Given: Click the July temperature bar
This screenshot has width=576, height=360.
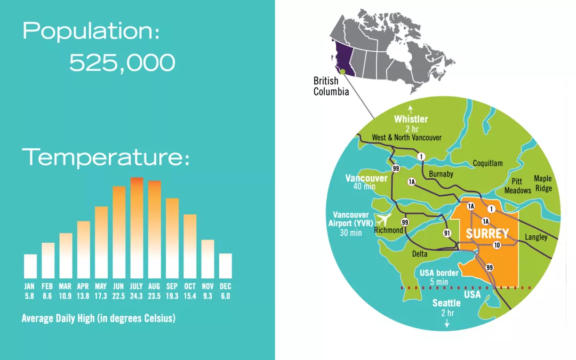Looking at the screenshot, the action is point(137,228).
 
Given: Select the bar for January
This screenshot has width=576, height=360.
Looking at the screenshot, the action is point(30,266).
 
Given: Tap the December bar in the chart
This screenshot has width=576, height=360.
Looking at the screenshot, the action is point(226,266).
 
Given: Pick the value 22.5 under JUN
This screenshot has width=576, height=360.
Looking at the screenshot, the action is point(118,296).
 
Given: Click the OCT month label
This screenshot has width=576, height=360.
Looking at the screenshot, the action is point(190,286).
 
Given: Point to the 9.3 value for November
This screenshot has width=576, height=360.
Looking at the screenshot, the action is point(207,296).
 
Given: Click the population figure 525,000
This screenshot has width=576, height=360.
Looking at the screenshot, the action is point(122,63).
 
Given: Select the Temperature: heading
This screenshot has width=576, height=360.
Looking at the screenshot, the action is point(106,157).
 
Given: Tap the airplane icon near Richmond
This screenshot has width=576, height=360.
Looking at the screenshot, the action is point(383,220).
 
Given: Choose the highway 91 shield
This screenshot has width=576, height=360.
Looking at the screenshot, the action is point(447,233).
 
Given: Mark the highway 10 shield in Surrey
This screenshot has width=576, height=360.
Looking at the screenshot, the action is point(497,245).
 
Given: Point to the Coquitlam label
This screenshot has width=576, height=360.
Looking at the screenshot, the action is point(488,163).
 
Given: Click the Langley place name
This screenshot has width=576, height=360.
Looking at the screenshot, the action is point(536,237).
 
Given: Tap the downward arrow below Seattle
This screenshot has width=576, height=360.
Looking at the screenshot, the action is point(447,323).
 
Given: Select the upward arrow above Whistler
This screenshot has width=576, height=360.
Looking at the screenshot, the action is point(411,109).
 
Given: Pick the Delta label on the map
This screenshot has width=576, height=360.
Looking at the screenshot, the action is point(420,254).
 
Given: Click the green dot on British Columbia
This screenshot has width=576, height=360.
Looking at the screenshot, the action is point(343,72).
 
